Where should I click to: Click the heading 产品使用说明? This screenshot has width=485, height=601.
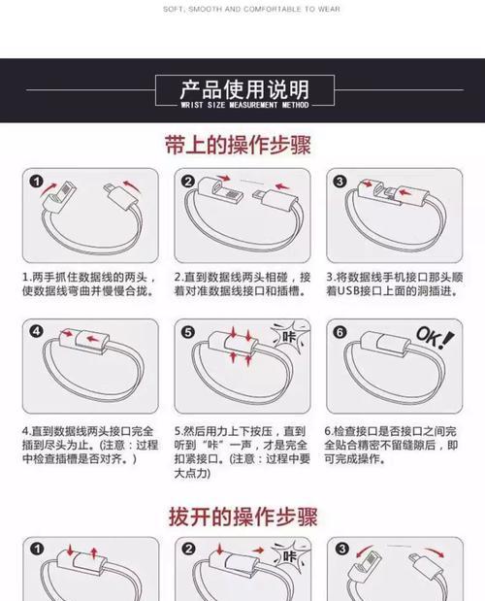pos(244,89)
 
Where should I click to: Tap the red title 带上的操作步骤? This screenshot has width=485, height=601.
pos(238,145)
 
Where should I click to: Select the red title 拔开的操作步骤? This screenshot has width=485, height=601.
pos(243,517)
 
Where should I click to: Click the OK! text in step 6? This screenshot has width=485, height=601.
pos(435,337)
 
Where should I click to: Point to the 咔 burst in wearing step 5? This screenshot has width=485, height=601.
pos(290,336)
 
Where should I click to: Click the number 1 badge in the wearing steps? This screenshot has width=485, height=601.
pos(37,181)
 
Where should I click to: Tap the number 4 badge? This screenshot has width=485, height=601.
pos(36,331)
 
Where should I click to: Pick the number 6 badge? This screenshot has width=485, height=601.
pos(339,332)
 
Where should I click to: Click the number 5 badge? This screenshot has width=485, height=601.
pos(187,332)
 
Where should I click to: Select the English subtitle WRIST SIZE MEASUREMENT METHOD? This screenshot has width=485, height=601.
pos(244,105)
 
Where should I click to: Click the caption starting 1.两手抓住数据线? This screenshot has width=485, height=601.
pos(89,284)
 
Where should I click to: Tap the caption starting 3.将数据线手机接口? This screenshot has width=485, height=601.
pos(394,284)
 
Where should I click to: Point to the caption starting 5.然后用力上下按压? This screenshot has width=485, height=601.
pos(242,452)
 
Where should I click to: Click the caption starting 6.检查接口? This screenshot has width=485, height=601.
pos(391,445)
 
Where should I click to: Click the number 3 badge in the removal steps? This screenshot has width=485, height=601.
pos(342,549)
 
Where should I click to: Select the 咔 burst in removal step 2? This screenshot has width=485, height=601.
pos(290,554)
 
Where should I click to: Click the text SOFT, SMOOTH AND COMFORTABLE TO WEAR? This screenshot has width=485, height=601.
pos(251,9)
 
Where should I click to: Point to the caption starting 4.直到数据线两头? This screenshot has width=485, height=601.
pos(90,445)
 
